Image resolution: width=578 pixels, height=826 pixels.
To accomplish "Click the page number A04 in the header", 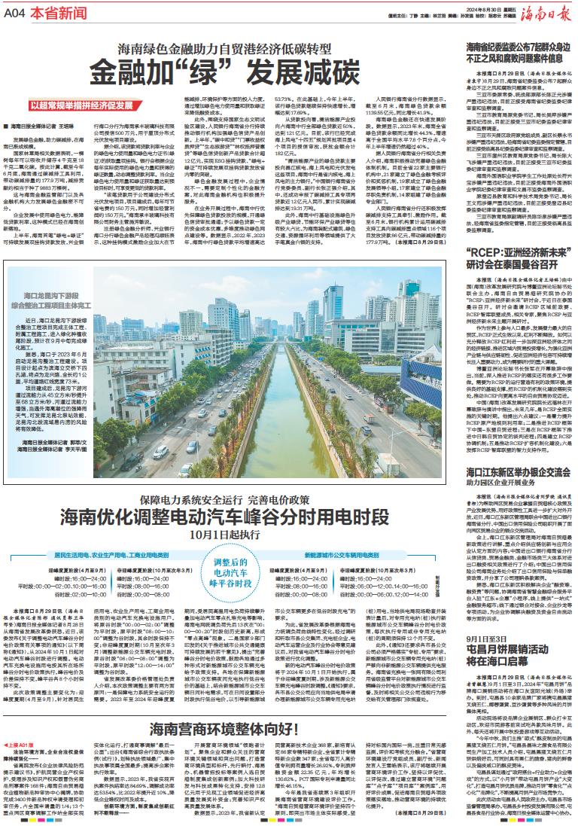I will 16,14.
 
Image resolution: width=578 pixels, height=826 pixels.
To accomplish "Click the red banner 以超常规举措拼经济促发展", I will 84,107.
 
